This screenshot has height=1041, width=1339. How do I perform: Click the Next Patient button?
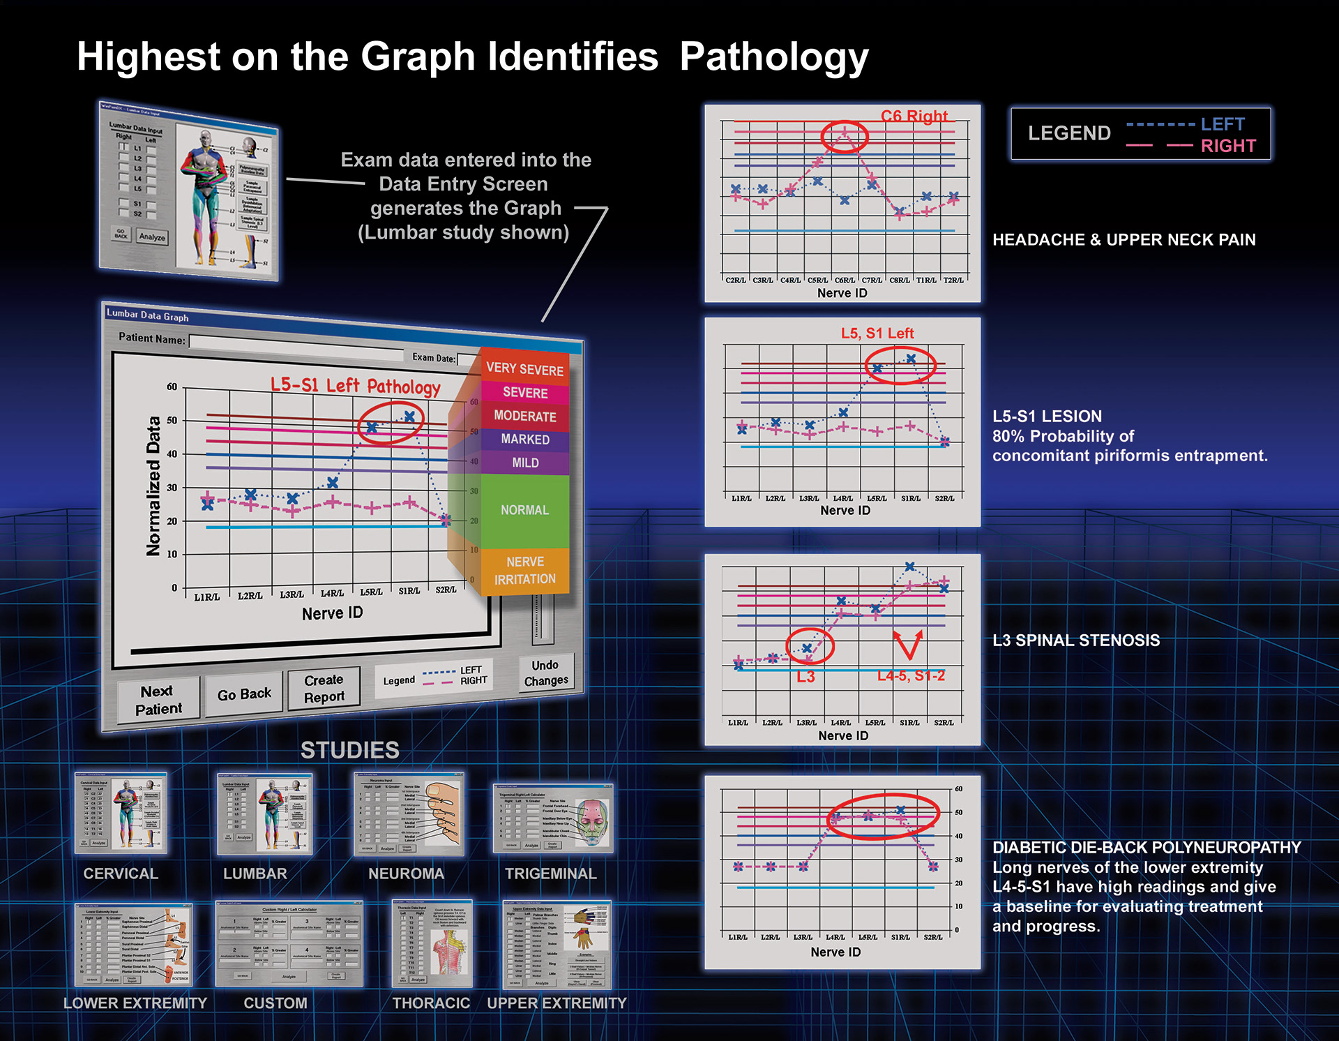pos(158,700)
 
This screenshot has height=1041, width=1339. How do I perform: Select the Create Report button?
pos(324,688)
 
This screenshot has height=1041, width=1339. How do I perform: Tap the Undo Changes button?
pos(545,673)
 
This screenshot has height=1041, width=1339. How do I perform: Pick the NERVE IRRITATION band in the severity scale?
pos(524,571)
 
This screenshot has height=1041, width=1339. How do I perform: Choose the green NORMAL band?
pos(524,510)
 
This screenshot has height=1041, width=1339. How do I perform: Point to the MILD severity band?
pos(524,463)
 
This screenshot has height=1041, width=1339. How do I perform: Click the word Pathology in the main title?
pos(773,57)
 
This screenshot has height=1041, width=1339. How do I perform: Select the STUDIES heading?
pos(349,750)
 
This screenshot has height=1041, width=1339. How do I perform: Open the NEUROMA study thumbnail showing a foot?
pos(409,814)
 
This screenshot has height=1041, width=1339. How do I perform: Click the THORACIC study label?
pos(431,1003)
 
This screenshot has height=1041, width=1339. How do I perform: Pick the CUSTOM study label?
pos(275,1003)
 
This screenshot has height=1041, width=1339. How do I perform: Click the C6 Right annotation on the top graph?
pos(914,116)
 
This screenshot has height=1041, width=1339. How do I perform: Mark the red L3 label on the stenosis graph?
pos(805,677)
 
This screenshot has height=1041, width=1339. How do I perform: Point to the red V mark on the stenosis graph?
pos(909,645)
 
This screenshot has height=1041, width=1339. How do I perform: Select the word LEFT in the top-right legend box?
pos(1222,124)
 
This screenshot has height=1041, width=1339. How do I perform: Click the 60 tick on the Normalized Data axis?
pos(172,387)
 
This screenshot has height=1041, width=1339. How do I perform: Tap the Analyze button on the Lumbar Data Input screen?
pos(151,237)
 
